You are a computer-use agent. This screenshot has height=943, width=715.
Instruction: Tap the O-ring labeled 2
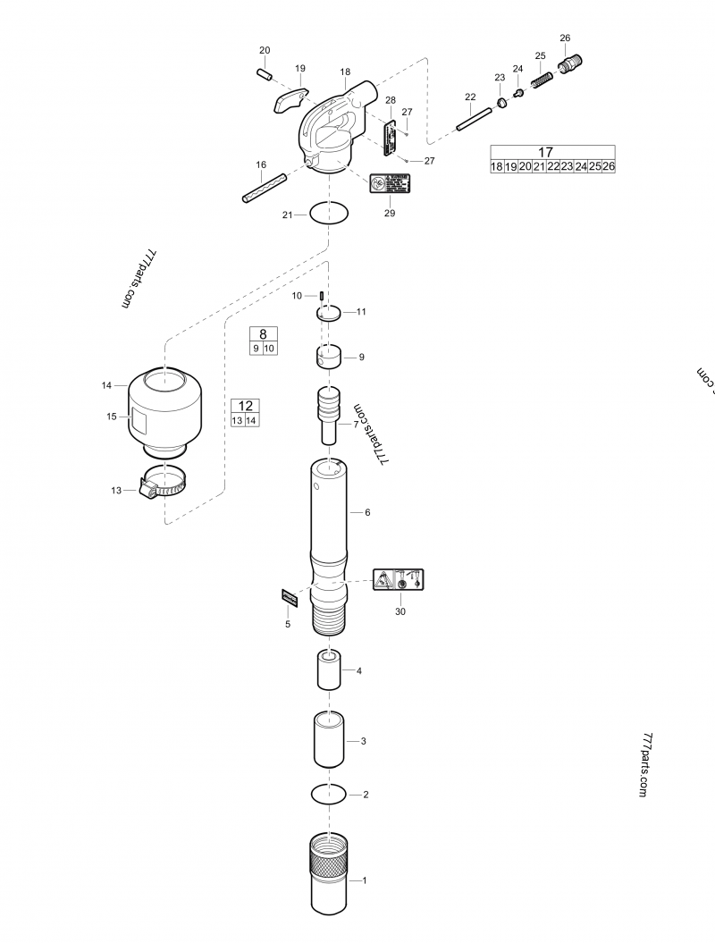[x=329, y=793]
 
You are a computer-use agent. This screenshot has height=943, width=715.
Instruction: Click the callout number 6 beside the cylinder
[x=366, y=512]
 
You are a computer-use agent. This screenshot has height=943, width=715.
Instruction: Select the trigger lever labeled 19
[x=287, y=100]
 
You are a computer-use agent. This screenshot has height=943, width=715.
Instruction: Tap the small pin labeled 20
[x=265, y=74]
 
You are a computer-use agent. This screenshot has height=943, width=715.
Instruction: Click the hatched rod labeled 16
[x=262, y=187]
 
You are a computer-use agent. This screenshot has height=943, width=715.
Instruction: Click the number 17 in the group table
[x=552, y=152]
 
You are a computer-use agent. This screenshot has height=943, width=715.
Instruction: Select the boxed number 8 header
[x=263, y=333]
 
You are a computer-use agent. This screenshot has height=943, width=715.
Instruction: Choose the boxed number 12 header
[x=245, y=406]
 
